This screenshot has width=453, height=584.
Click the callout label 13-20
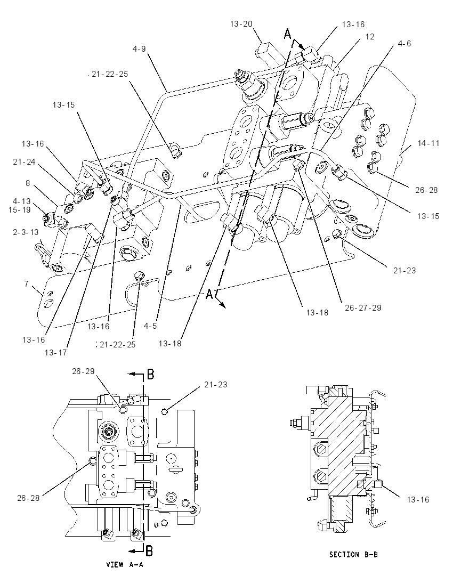click(241, 24)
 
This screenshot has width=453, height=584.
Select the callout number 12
click(369, 36)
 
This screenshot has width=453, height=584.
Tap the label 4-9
click(139, 48)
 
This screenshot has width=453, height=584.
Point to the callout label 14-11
click(428, 143)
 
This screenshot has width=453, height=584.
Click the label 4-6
click(404, 44)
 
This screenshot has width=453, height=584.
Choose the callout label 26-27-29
click(363, 307)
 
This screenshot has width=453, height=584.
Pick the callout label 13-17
click(56, 352)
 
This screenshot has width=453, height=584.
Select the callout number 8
click(28, 183)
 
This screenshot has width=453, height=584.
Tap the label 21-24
click(24, 161)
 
